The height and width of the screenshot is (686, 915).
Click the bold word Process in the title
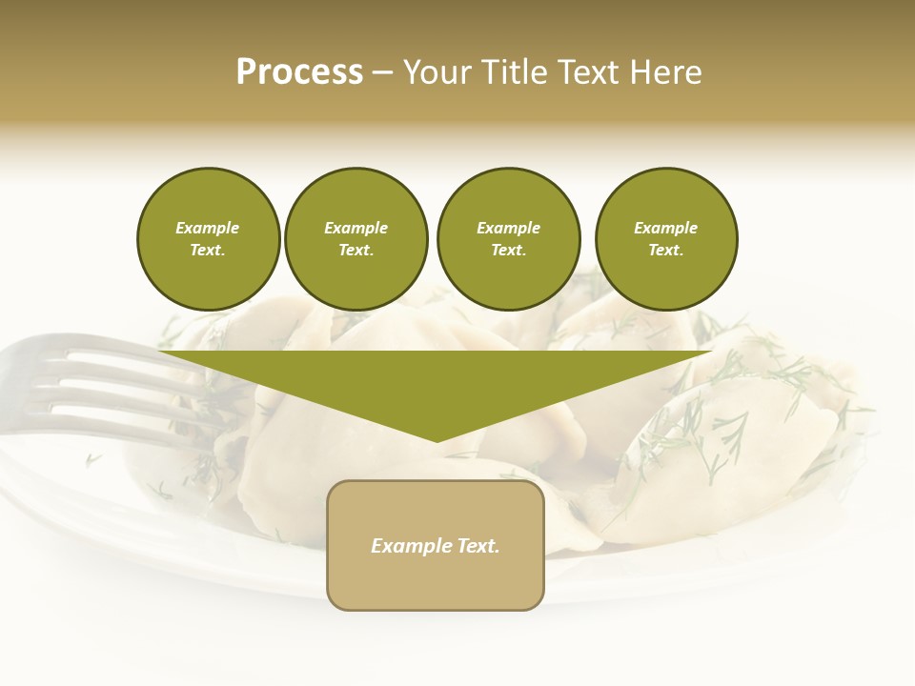299,72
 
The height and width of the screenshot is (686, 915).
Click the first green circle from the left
208,238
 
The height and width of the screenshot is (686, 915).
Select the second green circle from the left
356,238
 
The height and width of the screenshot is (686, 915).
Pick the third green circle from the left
508,238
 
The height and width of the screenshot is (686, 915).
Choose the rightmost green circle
665,238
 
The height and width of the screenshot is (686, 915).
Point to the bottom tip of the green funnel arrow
437,440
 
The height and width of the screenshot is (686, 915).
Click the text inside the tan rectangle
436,546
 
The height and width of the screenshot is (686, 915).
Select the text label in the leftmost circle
208,239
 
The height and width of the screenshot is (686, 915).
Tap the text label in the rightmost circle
665,239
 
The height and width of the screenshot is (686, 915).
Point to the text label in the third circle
508,239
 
